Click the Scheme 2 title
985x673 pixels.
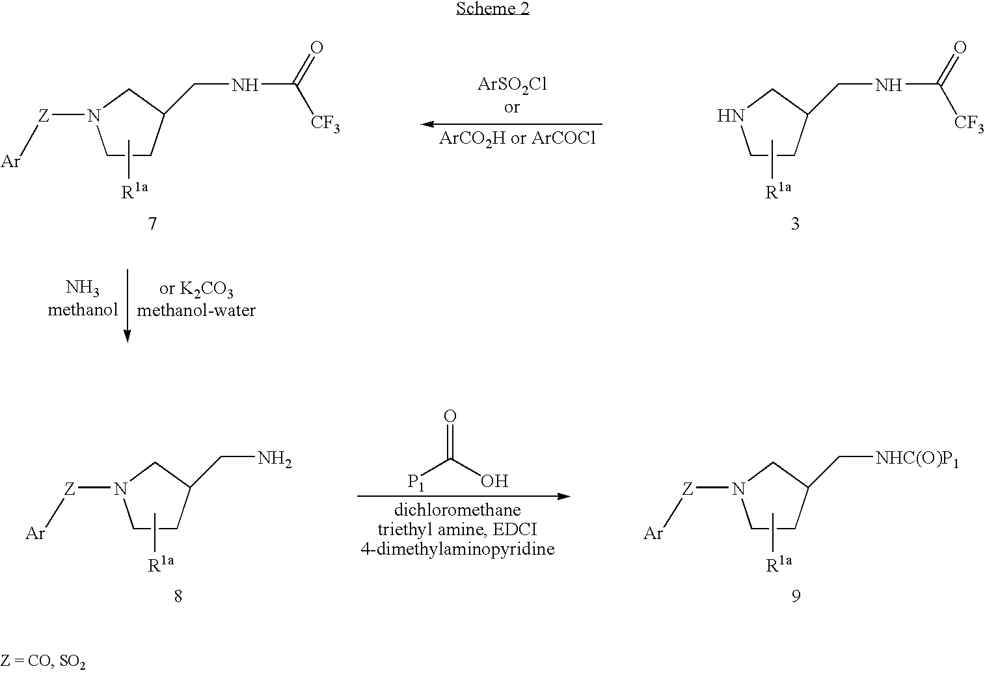click(493, 9)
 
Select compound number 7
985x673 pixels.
click(152, 224)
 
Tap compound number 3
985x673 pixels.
click(795, 224)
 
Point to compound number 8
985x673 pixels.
click(178, 596)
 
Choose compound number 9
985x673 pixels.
click(796, 596)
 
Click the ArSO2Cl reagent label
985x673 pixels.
click(512, 85)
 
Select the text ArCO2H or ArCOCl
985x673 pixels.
click(517, 139)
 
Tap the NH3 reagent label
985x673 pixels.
click(82, 288)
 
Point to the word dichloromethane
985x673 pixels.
click(457, 510)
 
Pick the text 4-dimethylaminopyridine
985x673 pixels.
click(457, 549)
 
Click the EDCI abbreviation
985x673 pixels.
click(515, 529)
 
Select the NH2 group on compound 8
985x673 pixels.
click(275, 459)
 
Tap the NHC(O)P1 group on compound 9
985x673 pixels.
click(917, 459)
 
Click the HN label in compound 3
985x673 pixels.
click(731, 116)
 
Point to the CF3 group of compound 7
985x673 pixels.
click(325, 123)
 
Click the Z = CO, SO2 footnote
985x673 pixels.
click(43, 661)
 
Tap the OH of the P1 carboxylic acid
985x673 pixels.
click(494, 481)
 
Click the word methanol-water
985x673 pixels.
click(196, 310)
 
